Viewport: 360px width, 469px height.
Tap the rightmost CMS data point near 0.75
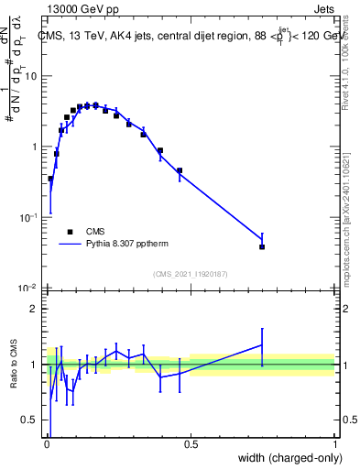[x=262, y=246]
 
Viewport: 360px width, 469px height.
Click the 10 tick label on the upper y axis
[x=30, y=76]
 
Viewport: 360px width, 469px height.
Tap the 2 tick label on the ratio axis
[x=34, y=309]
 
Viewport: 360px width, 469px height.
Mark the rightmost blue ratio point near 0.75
[x=262, y=345]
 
